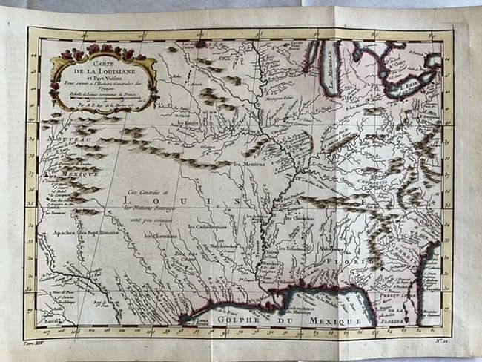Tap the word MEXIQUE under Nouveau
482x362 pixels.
62,176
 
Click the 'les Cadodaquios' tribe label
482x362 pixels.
208,227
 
